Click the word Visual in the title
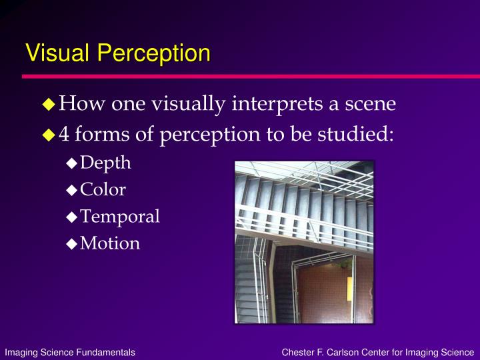point(57,53)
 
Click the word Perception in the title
point(154,54)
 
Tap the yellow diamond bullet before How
point(49,104)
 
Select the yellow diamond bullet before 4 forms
point(49,135)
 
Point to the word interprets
point(277,104)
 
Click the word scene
point(371,104)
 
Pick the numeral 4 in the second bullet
point(64,134)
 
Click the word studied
point(355,134)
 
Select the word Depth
point(105,163)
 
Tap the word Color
point(103,189)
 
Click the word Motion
point(110,243)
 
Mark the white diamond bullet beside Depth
point(71,163)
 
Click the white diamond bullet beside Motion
point(71,244)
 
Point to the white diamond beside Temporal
point(71,217)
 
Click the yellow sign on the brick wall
point(349,289)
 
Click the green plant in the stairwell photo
point(344,263)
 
